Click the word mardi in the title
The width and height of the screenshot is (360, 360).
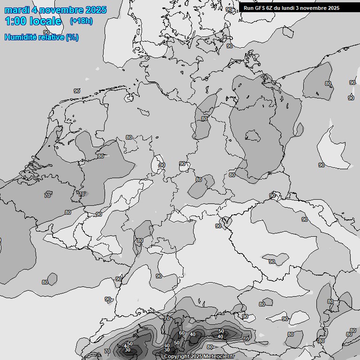pyautogui.click(x=17, y=10)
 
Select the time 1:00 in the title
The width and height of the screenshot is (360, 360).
pyautogui.click(x=15, y=21)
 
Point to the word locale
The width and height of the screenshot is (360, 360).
pyautogui.click(x=45, y=21)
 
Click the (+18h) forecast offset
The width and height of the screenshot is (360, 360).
pyautogui.click(x=81, y=21)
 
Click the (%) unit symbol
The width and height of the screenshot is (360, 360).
pyautogui.click(x=72, y=37)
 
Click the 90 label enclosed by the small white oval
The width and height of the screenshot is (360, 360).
pyautogui.click(x=162, y=165)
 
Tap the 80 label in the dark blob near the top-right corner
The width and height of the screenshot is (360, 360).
pyautogui.click(x=328, y=83)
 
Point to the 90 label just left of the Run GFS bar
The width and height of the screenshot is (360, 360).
pyautogui.click(x=229, y=9)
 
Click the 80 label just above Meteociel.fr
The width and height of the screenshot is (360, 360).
pyautogui.click(x=210, y=347)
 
